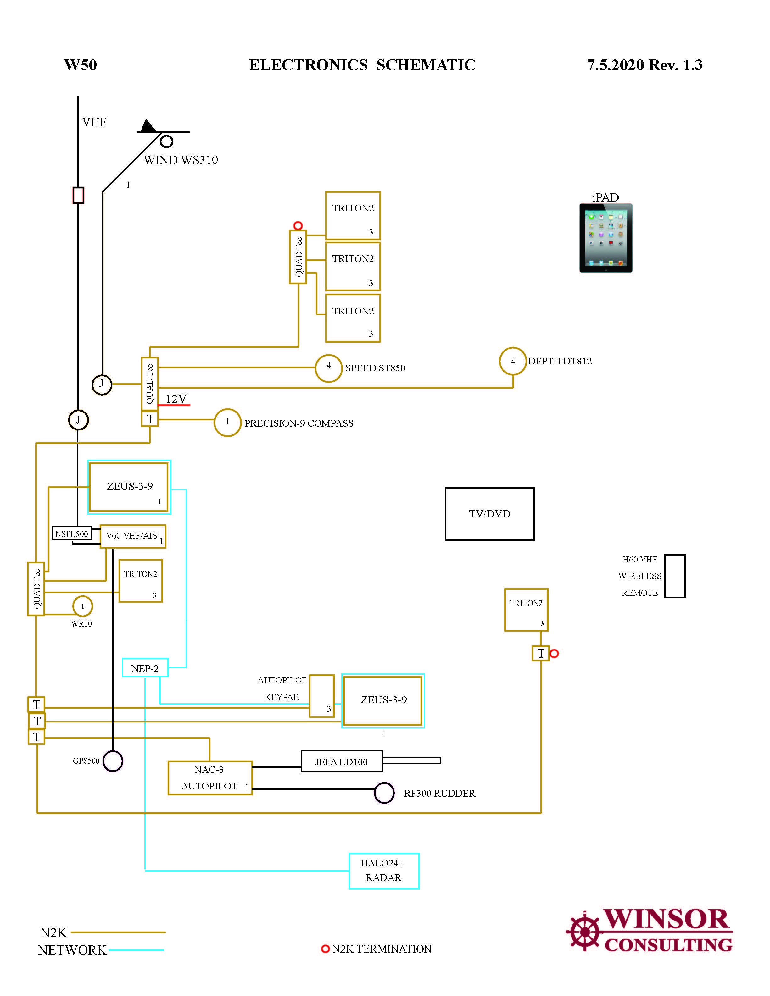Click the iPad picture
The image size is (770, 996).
[x=606, y=238]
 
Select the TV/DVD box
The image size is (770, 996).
[x=489, y=514]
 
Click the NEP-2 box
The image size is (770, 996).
[x=145, y=668]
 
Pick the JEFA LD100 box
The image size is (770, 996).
[x=342, y=761]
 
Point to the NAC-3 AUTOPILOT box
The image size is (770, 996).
[x=210, y=777]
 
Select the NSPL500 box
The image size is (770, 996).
[x=72, y=534]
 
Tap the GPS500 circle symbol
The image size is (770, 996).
[x=113, y=761]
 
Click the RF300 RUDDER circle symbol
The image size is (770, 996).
[x=384, y=793]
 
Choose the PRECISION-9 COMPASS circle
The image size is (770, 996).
[x=227, y=422]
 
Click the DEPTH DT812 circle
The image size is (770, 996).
[x=513, y=361]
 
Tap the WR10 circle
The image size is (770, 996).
[x=82, y=606]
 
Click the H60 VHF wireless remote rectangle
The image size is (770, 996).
[x=675, y=576]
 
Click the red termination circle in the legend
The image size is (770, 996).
[x=325, y=949]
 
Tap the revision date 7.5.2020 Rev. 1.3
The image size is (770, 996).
[x=644, y=65]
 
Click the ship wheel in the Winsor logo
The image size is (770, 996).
[x=584, y=931]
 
